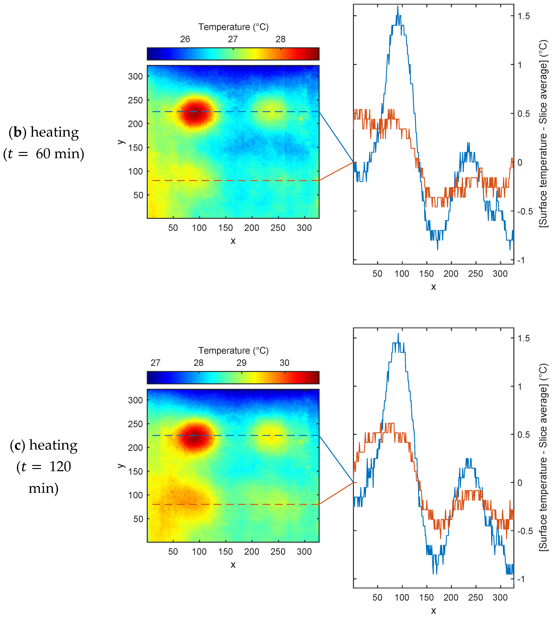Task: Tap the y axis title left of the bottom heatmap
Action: coord(121,466)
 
